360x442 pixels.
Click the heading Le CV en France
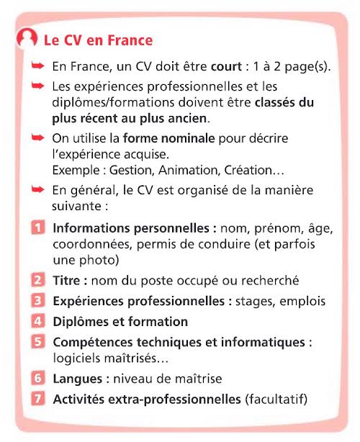[98, 40]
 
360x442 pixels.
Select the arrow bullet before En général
[39, 189]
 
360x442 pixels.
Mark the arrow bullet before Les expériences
[39, 86]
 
